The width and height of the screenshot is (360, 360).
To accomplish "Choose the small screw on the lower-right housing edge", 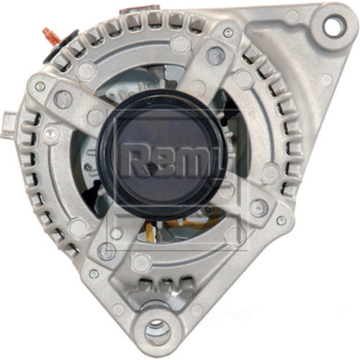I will [x=281, y=220].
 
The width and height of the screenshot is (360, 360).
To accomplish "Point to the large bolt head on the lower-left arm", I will [x=107, y=251].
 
